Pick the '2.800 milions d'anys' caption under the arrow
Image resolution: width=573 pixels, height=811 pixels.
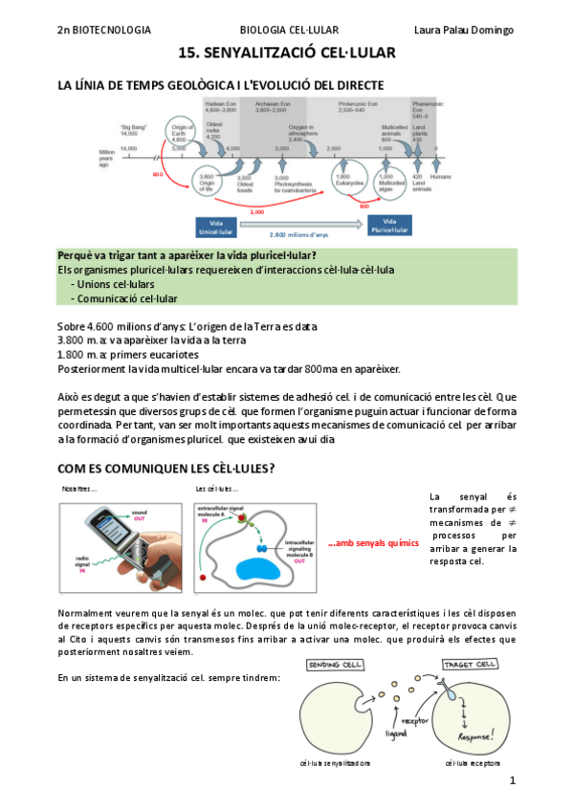click(x=298, y=234)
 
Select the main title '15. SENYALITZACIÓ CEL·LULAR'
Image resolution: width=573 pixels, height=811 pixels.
click(x=286, y=56)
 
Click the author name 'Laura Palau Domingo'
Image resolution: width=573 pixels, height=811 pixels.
click(x=463, y=30)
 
